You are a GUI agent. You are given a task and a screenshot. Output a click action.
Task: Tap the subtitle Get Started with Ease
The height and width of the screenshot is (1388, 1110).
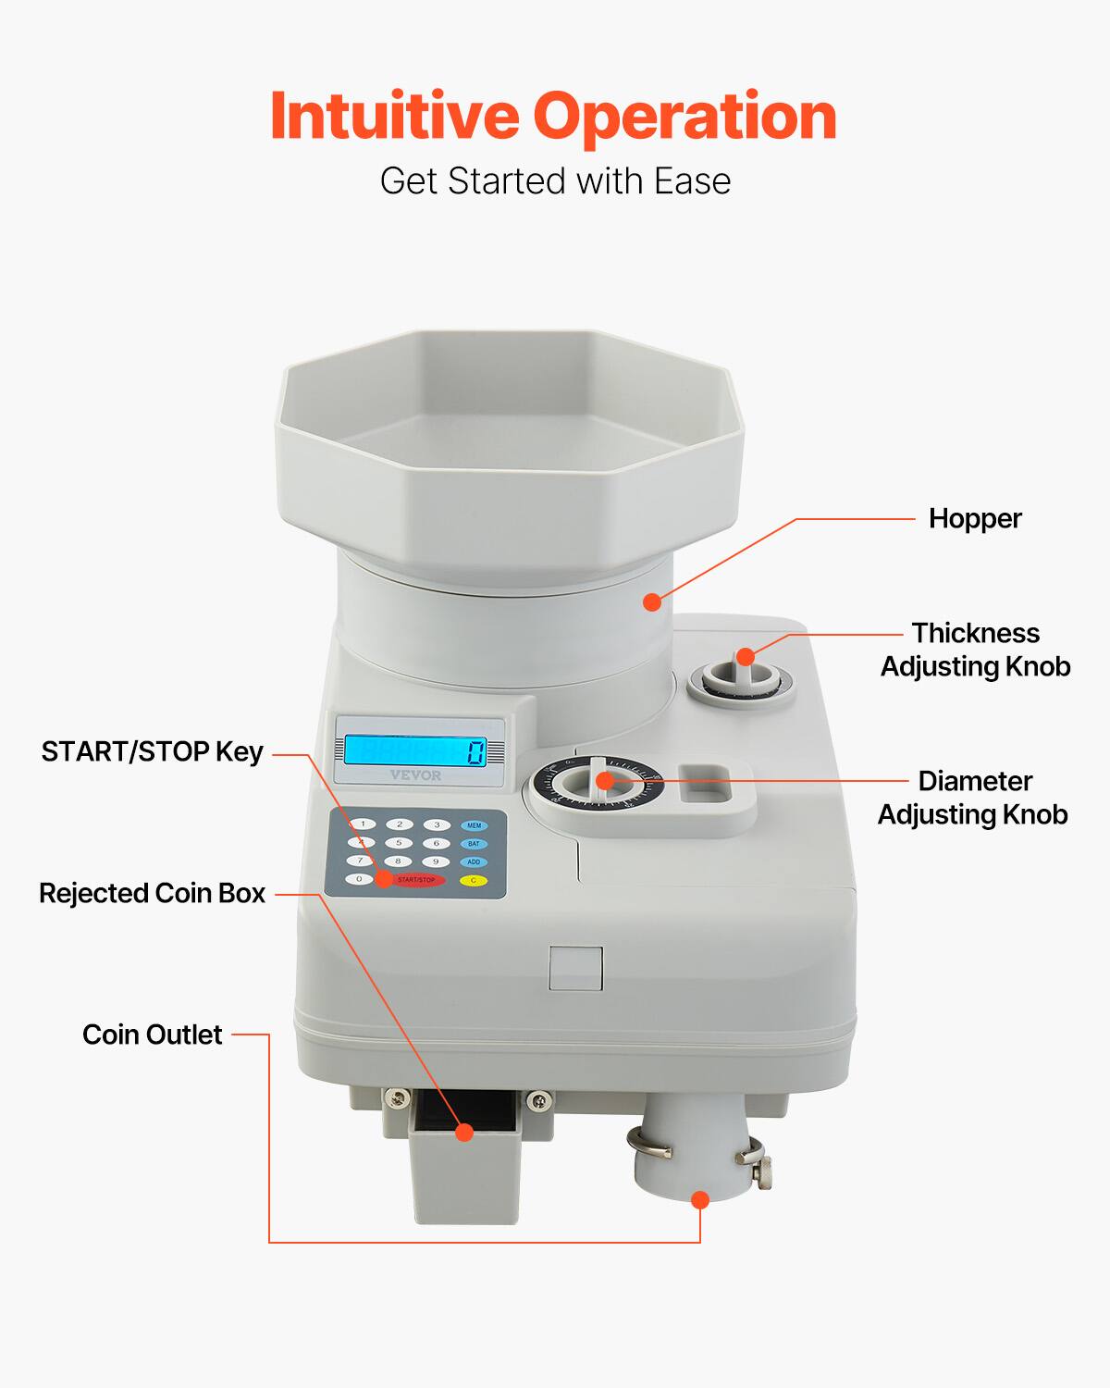click(555, 181)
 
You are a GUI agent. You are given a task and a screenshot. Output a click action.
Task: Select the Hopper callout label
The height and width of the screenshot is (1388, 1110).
click(975, 518)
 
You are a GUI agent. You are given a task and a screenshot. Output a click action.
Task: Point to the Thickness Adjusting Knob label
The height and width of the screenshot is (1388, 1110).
click(975, 650)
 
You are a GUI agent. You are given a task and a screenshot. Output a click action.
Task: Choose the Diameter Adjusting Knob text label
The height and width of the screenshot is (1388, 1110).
click(973, 798)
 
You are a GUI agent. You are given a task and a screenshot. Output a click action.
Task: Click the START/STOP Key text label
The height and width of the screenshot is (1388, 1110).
click(152, 751)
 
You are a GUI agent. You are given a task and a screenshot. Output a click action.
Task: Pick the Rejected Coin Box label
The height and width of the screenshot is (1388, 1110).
click(152, 893)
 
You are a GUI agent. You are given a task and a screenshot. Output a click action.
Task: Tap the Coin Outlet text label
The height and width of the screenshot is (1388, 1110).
click(152, 1035)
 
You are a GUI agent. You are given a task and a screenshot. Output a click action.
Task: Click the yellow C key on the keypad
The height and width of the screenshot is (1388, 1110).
click(474, 880)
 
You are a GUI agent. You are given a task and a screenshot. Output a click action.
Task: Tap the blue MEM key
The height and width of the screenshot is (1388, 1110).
click(474, 824)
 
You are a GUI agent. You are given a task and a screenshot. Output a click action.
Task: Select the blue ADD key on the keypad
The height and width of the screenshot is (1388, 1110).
click(474, 861)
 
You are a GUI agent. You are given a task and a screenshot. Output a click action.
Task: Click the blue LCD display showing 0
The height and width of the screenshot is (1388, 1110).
click(415, 750)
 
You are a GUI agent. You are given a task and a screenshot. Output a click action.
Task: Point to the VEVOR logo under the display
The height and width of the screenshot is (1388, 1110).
click(415, 775)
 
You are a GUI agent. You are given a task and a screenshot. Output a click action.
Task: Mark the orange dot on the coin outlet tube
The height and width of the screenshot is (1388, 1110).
click(700, 1200)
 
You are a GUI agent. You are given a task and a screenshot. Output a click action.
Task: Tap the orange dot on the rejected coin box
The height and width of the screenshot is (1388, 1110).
click(465, 1132)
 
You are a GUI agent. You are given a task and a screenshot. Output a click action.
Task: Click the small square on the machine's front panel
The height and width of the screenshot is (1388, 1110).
click(575, 969)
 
